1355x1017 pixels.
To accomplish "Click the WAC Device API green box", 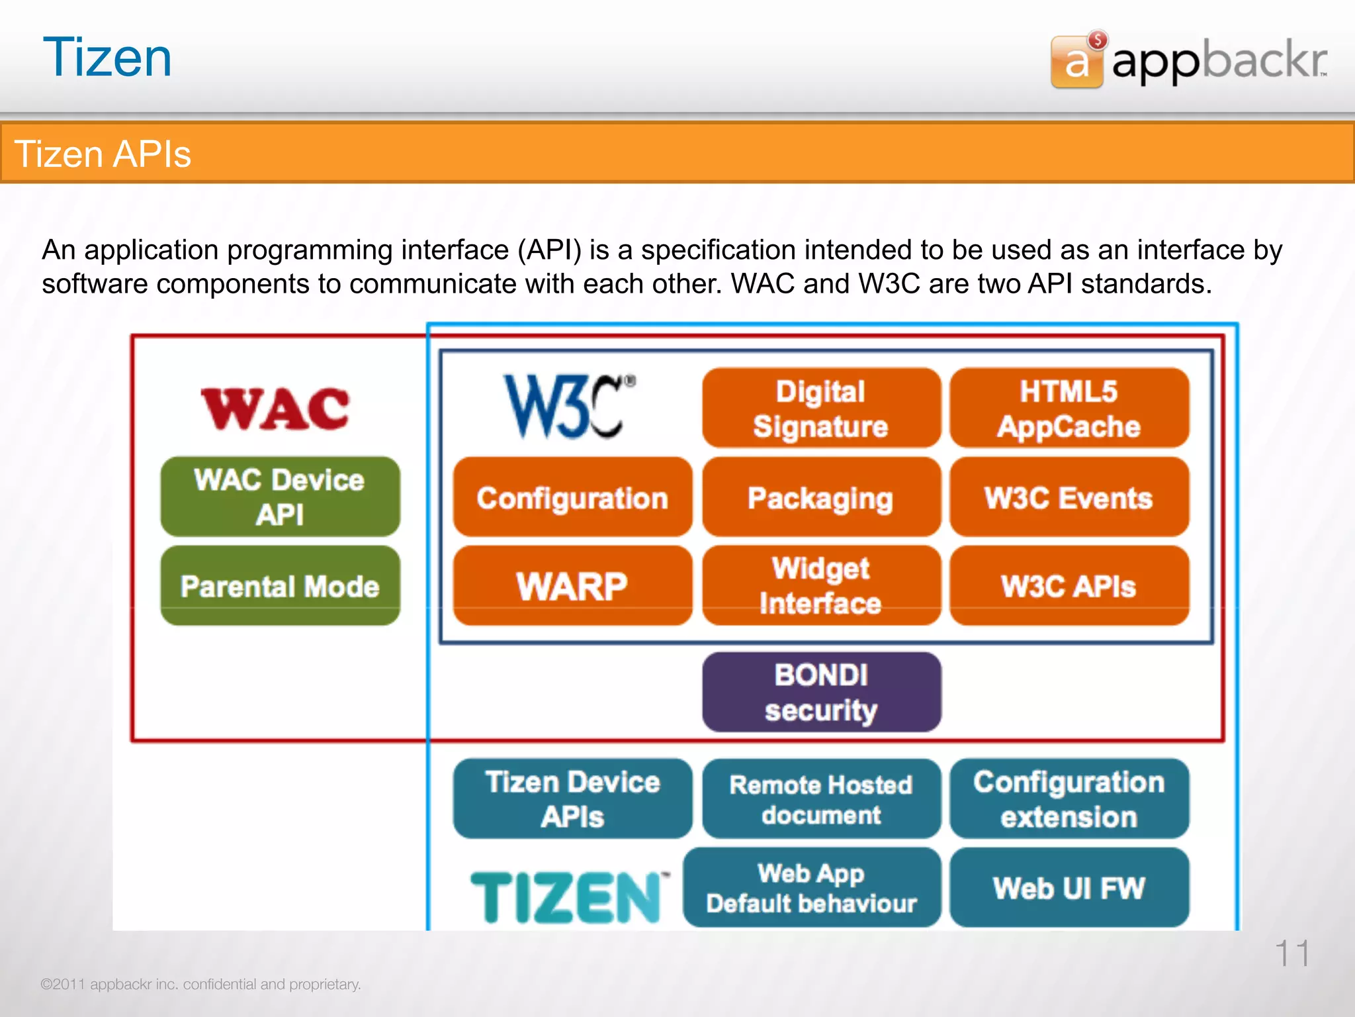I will [x=280, y=497].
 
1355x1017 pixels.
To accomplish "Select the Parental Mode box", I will [x=280, y=586].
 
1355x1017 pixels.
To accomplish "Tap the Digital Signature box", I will [x=821, y=409].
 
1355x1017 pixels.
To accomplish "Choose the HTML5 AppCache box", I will [x=1069, y=409].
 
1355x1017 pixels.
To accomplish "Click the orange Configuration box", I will [x=572, y=497].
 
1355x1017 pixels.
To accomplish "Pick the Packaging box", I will [x=821, y=497].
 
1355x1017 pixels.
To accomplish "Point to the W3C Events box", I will [x=1069, y=497].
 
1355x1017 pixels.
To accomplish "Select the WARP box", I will [x=572, y=586].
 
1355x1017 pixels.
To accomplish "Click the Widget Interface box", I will [x=821, y=586].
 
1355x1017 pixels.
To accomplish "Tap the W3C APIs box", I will [x=1069, y=586].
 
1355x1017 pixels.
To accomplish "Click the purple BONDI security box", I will [x=821, y=692].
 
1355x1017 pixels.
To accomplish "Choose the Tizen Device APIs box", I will [x=572, y=799].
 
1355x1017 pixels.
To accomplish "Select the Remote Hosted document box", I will [x=821, y=799].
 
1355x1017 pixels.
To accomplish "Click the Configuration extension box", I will [x=1069, y=799].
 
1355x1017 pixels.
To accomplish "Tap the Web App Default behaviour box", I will [x=812, y=887].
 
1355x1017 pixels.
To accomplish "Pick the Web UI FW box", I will [x=1069, y=887].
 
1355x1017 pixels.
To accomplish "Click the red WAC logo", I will [x=275, y=409].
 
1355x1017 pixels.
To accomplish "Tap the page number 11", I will [x=1291, y=953].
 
